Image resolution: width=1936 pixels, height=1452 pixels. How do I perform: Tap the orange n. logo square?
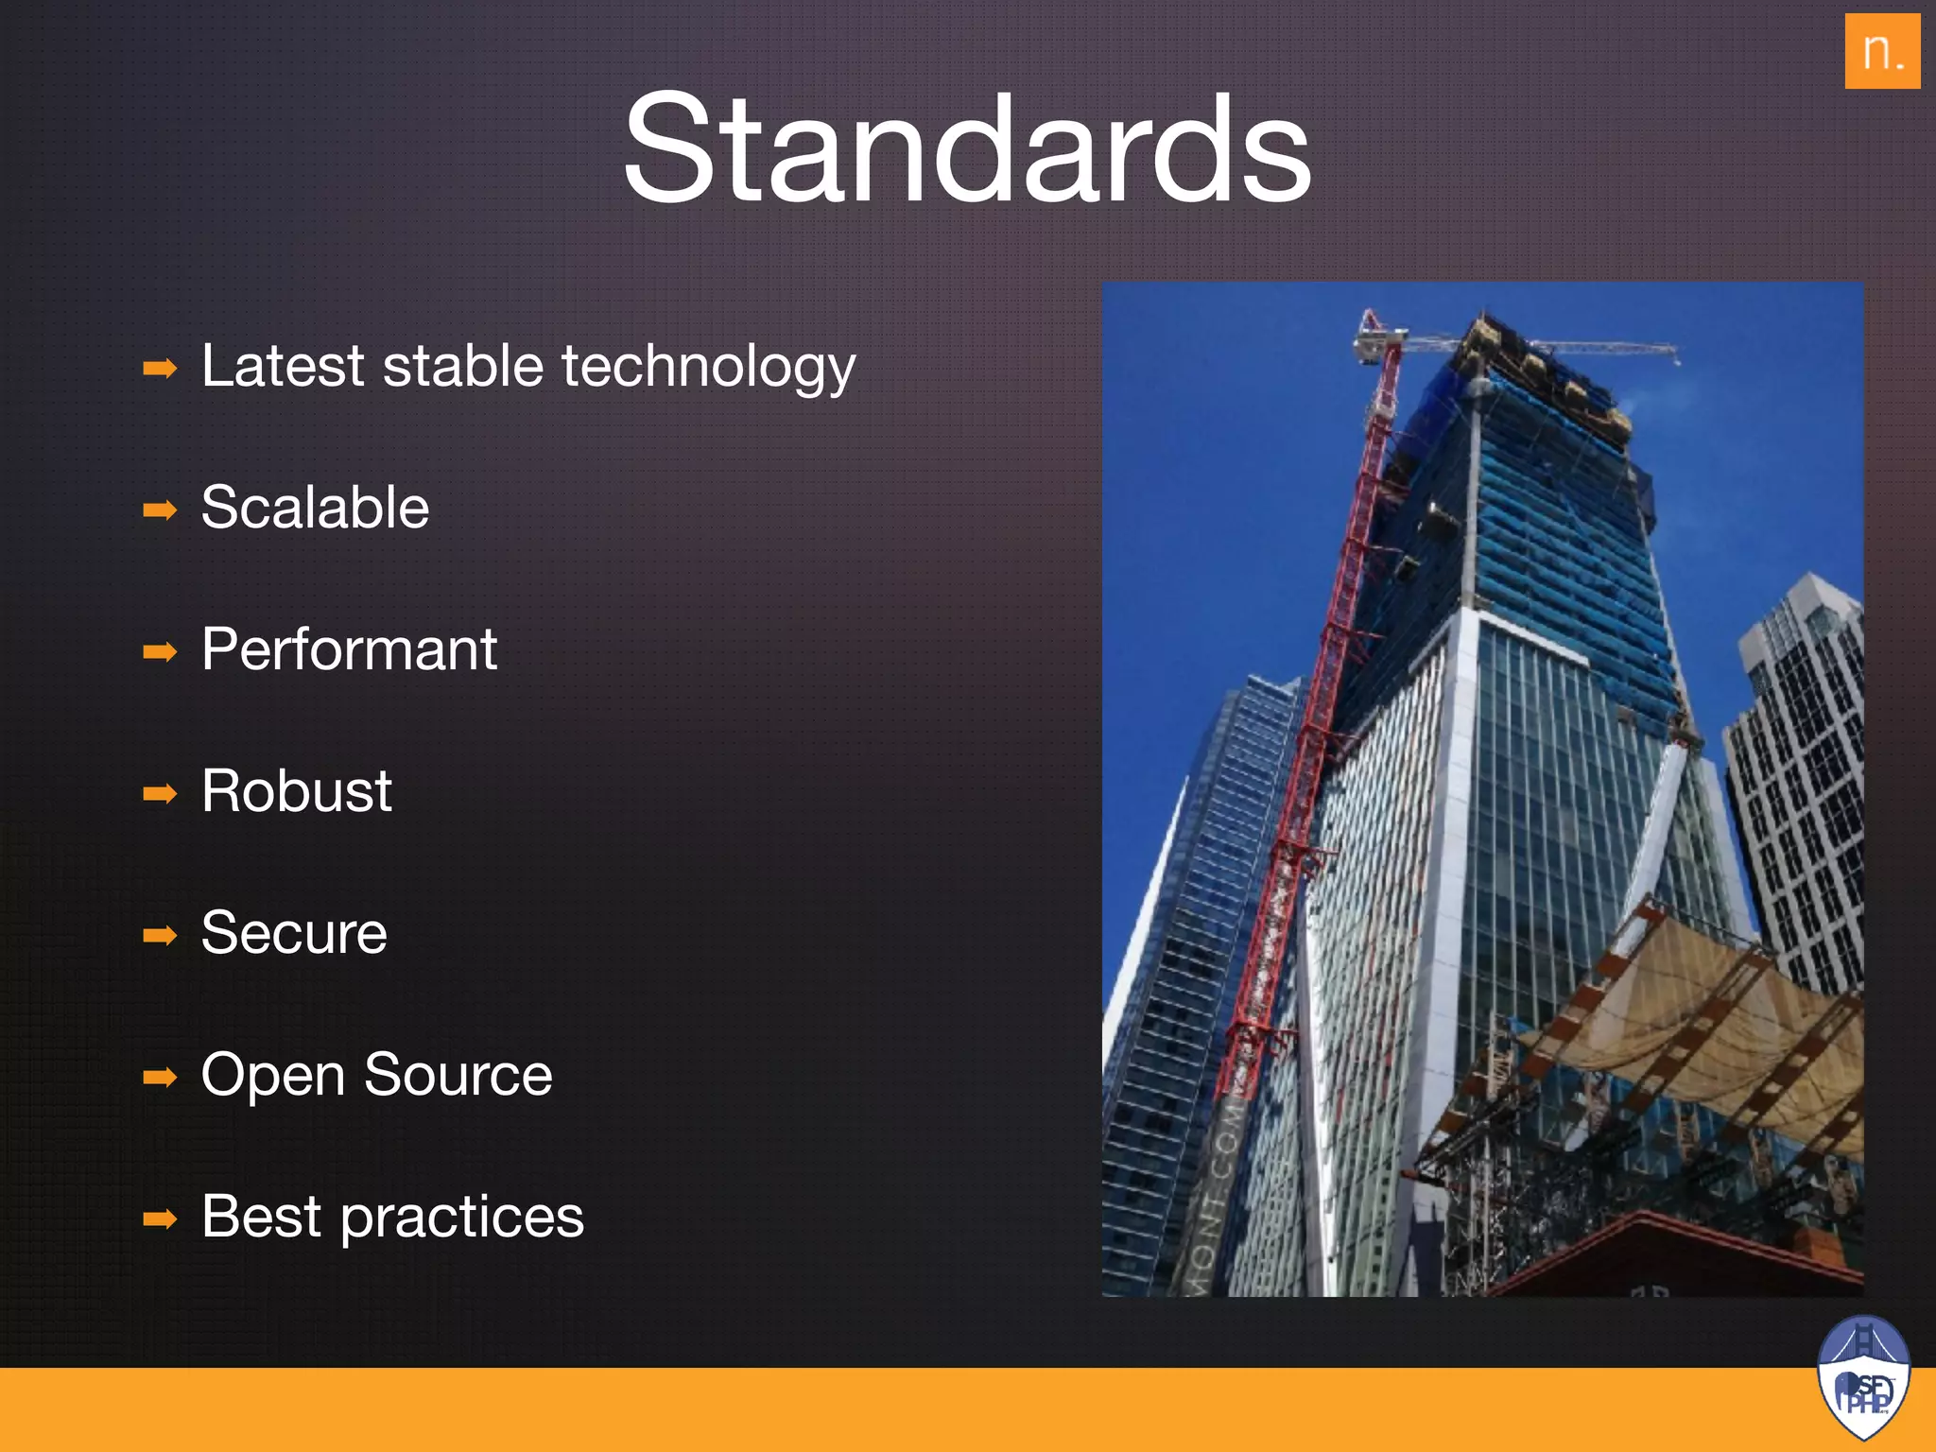1881,51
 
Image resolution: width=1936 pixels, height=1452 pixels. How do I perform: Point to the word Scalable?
315,508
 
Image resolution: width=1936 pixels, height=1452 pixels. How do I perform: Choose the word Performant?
349,649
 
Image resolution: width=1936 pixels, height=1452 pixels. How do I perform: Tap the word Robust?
296,791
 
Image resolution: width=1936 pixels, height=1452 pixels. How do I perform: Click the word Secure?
294,933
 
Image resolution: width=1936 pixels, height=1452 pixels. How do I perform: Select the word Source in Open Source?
458,1075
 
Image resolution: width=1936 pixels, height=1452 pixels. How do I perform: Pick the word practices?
462,1218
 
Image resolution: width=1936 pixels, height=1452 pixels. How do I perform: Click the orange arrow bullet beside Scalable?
160,510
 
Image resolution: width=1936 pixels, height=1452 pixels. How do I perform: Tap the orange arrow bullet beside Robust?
160,794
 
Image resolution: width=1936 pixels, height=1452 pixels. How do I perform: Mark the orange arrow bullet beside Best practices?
160,1219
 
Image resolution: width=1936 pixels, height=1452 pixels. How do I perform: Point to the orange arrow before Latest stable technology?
160,369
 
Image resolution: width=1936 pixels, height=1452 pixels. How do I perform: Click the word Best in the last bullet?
261,1217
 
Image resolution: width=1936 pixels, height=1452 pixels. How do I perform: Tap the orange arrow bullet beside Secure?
160,936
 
